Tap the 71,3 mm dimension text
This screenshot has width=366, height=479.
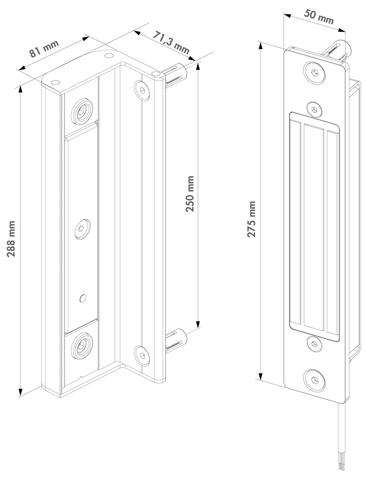(171, 42)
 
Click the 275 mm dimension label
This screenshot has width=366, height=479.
(251, 219)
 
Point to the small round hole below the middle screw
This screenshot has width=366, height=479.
(83, 298)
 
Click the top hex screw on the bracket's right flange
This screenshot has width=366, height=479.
(142, 90)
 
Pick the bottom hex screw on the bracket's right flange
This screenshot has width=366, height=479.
(142, 356)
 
